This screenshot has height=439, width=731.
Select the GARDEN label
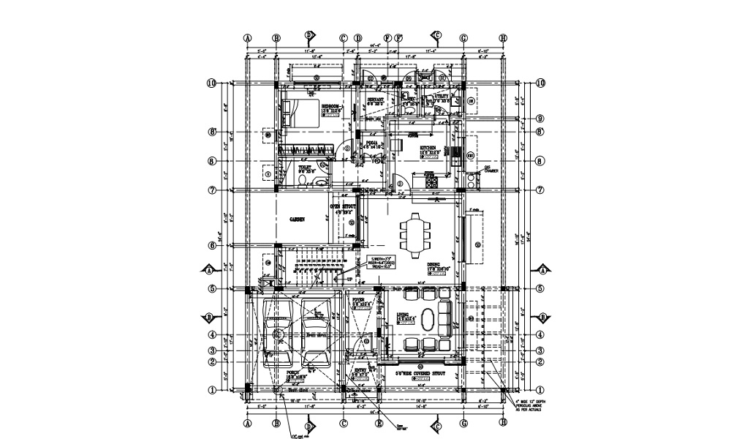297,219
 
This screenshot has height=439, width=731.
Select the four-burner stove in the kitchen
431,181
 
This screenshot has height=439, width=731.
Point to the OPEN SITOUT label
344,208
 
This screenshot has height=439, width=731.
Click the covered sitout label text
420,373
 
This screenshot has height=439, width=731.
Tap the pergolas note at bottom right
531,406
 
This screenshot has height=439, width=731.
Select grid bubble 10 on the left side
212,83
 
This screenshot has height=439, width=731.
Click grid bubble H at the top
503,38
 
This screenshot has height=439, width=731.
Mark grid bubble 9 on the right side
539,119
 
